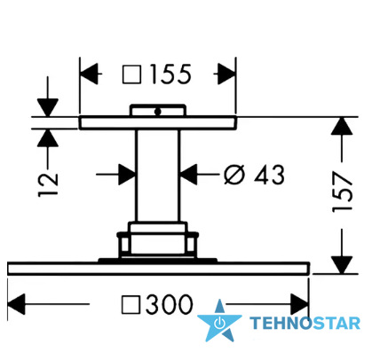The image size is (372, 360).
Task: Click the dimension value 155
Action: coord(170,74)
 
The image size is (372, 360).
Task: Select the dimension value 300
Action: coord(169,304)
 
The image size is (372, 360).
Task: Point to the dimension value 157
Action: coord(342,192)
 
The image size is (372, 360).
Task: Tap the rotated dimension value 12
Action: coord(48,184)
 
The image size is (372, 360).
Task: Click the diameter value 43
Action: coord(269,175)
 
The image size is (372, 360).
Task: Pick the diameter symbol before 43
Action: coord(234,175)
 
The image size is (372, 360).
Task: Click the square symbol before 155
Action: coord(131,74)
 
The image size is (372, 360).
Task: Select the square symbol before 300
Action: coord(131,305)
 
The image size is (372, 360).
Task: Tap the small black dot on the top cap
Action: coord(157,112)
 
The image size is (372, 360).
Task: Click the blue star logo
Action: coord(219,321)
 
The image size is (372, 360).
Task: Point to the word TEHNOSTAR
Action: coord(305,323)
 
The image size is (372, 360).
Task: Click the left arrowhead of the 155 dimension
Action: coord(89,74)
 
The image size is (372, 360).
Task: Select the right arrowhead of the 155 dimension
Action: coord(226,74)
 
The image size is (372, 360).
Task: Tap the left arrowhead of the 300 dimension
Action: coord(16,304)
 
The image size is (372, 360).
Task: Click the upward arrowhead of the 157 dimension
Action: coord(342,126)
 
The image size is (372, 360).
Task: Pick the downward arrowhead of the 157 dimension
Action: coord(342,265)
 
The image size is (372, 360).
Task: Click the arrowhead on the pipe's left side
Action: coord(127,175)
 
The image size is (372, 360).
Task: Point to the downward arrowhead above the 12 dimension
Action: coord(48,108)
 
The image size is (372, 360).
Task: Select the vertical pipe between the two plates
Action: coord(157,176)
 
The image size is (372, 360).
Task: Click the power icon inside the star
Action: coord(219,323)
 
